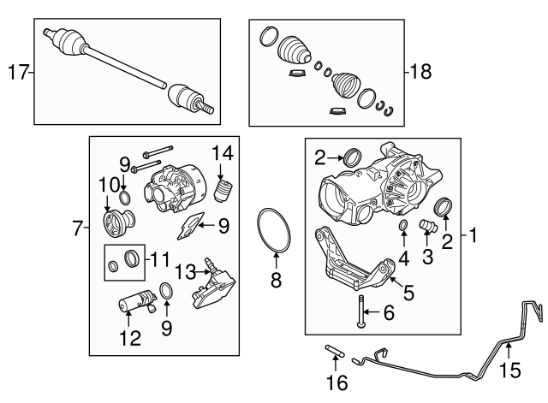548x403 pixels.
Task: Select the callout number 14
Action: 223,152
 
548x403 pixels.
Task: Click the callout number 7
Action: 78,228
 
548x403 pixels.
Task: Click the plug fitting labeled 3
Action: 426,226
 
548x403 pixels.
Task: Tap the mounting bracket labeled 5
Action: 354,265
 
